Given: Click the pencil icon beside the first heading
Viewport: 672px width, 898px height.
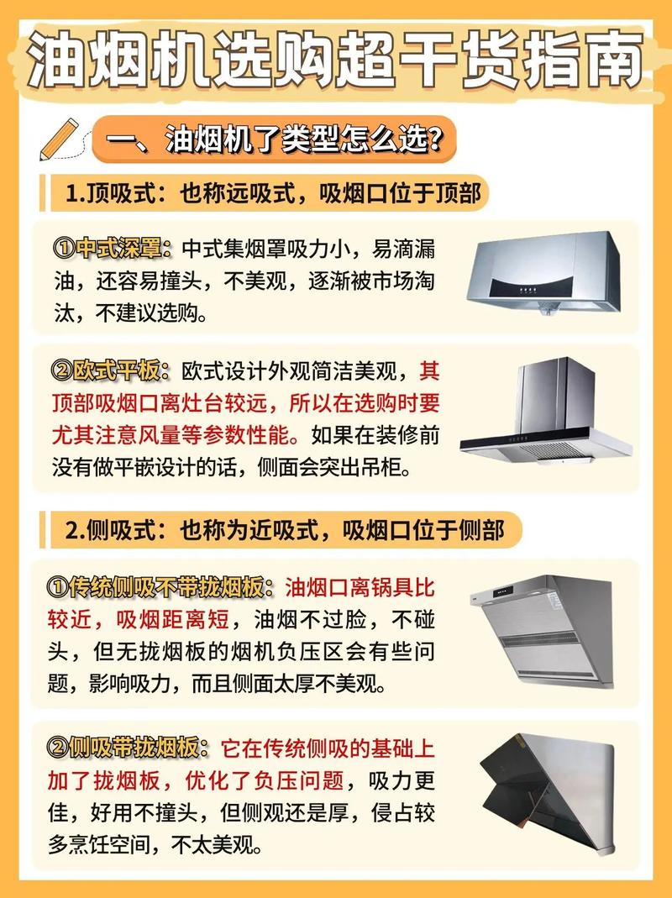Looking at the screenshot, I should point(59,139).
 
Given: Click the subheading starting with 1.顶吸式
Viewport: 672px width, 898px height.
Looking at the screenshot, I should point(273,194).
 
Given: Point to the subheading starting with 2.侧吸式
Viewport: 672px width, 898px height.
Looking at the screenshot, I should point(285,529).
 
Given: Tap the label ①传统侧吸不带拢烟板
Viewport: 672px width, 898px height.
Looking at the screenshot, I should point(163,586).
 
